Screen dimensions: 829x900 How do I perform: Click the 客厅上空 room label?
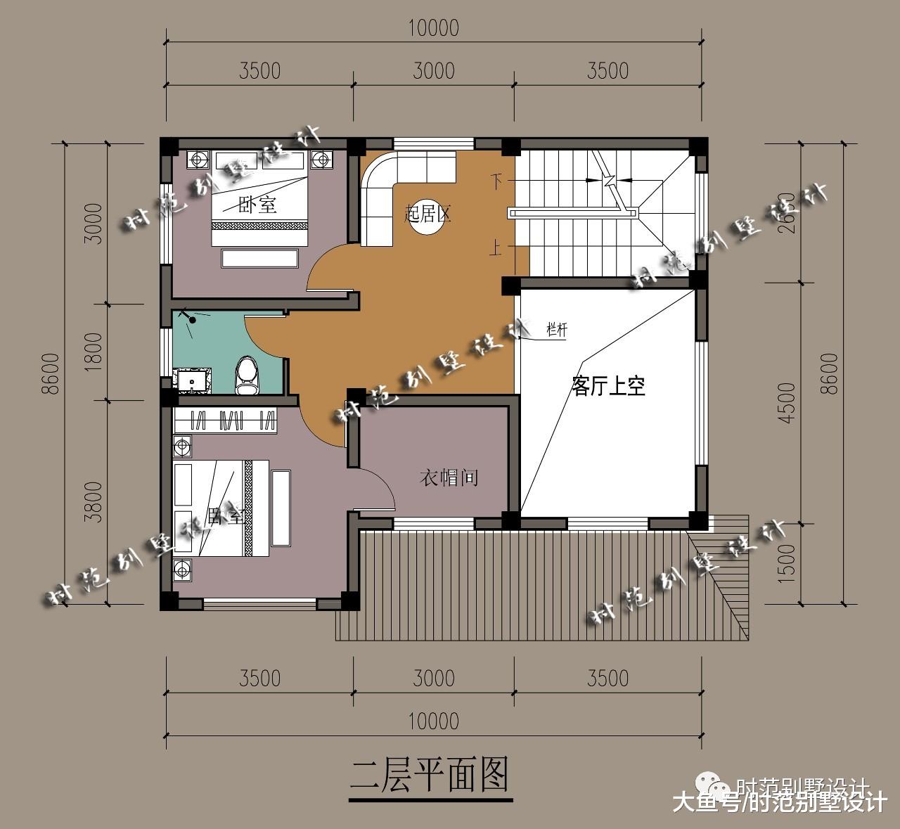608,386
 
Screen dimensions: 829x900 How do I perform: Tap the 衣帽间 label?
449,478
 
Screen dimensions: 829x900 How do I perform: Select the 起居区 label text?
427,214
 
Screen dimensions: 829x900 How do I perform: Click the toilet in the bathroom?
246,375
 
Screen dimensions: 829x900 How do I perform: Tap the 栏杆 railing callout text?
556,329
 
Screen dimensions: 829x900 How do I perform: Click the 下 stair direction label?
496,182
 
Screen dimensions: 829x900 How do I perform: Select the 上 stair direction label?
496,247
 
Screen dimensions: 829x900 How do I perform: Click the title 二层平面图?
429,775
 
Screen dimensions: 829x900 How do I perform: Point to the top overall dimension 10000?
433,28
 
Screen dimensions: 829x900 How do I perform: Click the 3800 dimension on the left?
93,501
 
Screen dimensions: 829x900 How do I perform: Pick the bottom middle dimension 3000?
433,678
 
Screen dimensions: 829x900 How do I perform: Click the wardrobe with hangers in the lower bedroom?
225,420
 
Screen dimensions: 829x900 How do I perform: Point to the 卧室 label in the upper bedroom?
257,205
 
